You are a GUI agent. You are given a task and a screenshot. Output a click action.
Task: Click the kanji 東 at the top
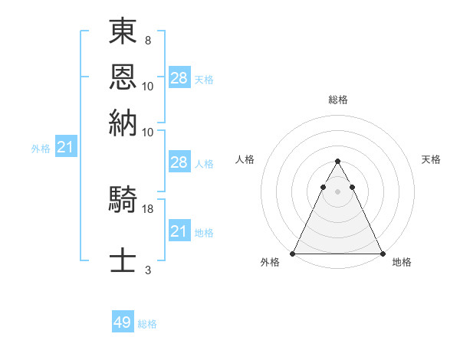(x=123, y=32)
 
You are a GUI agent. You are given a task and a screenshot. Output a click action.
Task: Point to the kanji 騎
(x=123, y=201)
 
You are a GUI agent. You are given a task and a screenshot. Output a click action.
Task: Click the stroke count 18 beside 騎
(x=148, y=208)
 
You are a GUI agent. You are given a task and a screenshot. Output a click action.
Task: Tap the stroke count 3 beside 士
(x=147, y=269)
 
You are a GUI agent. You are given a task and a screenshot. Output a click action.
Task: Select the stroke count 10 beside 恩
(x=148, y=86)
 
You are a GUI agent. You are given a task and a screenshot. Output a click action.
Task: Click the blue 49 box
(x=123, y=322)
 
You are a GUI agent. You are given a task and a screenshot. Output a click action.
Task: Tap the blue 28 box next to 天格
(x=179, y=78)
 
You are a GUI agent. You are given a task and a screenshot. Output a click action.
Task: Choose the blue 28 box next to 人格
(x=179, y=162)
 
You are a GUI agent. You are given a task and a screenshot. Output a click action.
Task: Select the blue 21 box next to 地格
(x=179, y=231)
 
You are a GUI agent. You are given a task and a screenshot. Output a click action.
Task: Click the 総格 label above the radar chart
(x=338, y=100)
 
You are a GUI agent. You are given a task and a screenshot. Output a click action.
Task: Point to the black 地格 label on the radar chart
(x=402, y=262)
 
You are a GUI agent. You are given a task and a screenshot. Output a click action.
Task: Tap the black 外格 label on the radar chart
(x=270, y=262)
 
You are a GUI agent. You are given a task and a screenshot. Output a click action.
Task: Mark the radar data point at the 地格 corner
(x=382, y=253)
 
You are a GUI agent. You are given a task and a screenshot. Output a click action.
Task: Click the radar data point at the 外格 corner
(x=293, y=253)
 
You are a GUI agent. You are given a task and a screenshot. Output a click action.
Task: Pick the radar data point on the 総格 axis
(x=337, y=162)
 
